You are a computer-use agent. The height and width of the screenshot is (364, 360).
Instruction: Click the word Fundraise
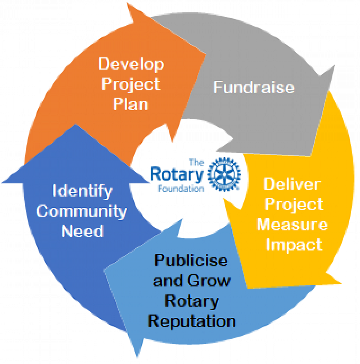(253, 87)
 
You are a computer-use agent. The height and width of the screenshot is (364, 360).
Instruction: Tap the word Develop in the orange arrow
(132, 64)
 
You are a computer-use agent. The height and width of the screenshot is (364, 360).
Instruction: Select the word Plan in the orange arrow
(130, 104)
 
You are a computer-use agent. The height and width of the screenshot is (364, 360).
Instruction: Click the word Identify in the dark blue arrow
(82, 191)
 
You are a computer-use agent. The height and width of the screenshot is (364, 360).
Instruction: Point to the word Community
(82, 211)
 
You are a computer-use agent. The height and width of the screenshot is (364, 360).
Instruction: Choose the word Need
(82, 231)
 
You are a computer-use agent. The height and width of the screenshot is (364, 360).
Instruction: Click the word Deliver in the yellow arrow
(291, 184)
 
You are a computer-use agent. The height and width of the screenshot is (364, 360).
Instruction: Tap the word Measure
(292, 225)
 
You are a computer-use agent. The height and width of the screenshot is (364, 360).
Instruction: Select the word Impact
(294, 245)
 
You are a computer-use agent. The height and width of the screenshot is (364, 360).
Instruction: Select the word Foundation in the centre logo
(181, 189)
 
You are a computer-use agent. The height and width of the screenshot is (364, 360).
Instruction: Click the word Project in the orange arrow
(131, 84)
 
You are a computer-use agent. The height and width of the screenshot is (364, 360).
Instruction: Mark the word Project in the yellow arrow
(294, 205)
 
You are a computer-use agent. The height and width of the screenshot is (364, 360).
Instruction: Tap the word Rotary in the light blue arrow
(192, 301)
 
